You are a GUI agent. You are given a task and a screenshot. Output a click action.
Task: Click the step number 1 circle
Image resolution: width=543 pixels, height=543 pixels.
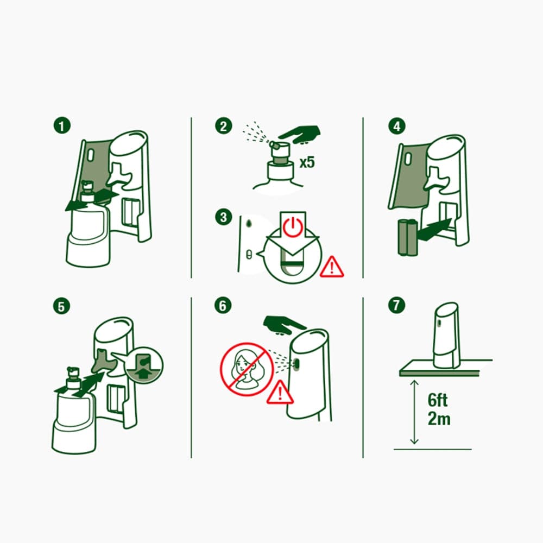tap(62, 126)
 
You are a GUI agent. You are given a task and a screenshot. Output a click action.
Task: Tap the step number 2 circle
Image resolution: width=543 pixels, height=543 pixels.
tap(223, 126)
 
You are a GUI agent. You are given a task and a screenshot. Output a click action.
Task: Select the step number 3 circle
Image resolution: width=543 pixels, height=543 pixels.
tap(223, 217)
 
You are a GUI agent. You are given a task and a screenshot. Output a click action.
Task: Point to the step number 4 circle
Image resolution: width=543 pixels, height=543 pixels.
tap(397, 126)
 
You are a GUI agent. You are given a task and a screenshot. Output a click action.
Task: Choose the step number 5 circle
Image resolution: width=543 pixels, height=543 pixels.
tap(62, 306)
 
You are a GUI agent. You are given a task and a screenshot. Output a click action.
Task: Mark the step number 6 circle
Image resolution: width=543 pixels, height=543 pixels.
tap(223, 306)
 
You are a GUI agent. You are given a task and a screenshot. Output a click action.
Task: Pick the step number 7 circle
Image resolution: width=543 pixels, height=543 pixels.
tap(396, 305)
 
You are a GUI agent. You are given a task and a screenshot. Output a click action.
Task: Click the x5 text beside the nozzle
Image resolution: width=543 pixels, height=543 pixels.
tap(307, 162)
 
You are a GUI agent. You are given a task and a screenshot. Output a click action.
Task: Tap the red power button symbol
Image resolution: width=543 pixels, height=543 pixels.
tap(293, 227)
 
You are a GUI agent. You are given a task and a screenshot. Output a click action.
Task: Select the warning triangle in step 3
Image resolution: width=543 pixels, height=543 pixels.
tap(332, 267)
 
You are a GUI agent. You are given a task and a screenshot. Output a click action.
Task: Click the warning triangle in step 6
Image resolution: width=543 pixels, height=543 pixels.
tap(280, 393)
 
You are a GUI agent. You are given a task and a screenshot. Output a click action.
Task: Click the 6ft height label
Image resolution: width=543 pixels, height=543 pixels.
tap(437, 400)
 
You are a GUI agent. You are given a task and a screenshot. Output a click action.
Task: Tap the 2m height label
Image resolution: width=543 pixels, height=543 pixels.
tap(439, 419)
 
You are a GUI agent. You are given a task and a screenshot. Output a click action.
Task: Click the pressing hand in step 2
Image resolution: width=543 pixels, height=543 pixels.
tap(300, 134)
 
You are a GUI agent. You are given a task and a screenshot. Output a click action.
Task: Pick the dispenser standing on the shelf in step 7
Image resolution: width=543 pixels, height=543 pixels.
tap(446, 336)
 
